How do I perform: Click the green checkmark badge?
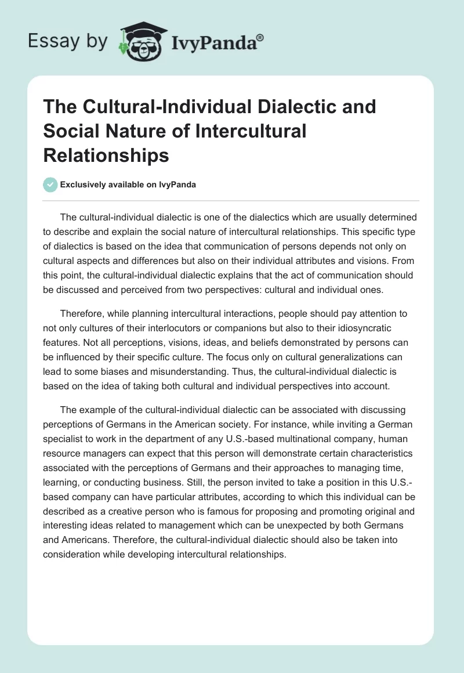pos(50,185)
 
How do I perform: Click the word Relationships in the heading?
pos(106,156)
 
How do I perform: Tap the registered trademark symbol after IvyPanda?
pos(260,37)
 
